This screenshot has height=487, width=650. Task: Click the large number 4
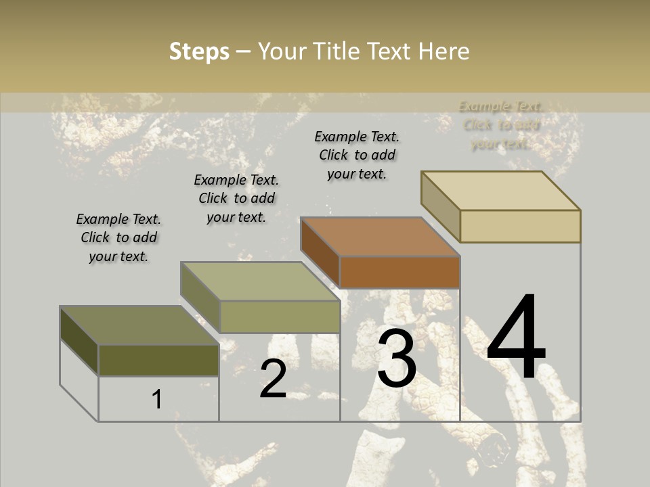pos(516,338)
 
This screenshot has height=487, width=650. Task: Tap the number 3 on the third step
pos(397,358)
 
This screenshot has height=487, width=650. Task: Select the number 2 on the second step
pos(274,379)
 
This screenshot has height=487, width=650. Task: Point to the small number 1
pos(157,400)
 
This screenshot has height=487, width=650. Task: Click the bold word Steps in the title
pos(199,51)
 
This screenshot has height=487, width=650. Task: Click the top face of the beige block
pos(501,190)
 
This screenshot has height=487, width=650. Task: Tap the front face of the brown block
pos(399,273)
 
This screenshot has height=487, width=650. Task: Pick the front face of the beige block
pos(520,226)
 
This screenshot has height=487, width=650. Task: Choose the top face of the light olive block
pos(260,281)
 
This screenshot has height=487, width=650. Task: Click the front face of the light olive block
pos(280,317)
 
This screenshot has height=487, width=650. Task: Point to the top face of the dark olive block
pos(139,325)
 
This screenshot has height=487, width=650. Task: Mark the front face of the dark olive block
pos(158,360)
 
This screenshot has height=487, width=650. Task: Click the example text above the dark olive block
pos(118,237)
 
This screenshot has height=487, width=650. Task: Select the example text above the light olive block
pos(236,198)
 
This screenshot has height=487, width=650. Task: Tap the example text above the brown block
pos(357,155)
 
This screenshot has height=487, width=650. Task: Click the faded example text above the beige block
pos(500,124)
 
